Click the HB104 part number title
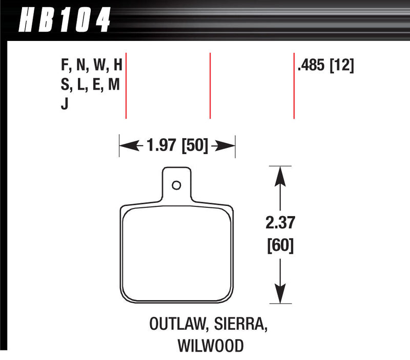pyautogui.click(x=65, y=20)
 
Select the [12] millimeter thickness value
pyautogui.click(x=342, y=66)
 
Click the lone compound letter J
pyautogui.click(x=64, y=105)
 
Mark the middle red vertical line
pyautogui.click(x=210, y=85)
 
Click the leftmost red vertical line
pyautogui.click(x=126, y=85)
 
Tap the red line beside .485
pyautogui.click(x=294, y=85)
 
